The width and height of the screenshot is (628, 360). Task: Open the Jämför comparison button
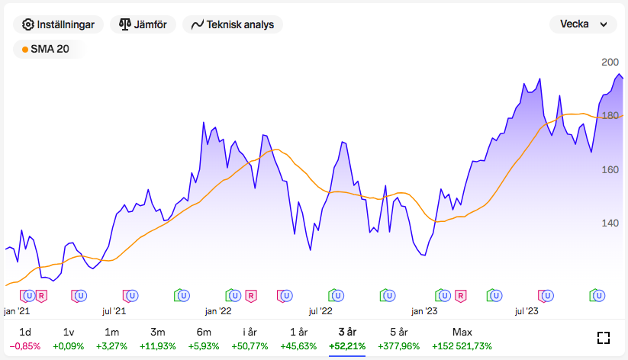143,24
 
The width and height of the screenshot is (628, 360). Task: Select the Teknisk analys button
233,24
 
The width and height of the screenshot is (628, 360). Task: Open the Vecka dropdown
583,24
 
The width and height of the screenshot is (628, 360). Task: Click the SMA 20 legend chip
48,49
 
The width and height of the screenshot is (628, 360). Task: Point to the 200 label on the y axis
610,63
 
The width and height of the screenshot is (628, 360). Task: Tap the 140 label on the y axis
610,223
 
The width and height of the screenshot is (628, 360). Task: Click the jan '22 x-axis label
218,311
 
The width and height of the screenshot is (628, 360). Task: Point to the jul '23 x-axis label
527,311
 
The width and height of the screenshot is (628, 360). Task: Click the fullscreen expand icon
604,339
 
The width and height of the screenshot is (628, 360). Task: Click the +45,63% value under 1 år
298,346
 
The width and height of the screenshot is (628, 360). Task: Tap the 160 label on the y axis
610,170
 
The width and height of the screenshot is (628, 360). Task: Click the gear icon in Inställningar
28,24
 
